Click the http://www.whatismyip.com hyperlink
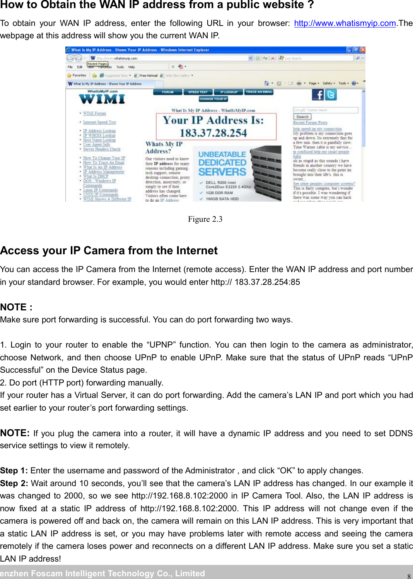[345, 23]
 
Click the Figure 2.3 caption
[205, 219]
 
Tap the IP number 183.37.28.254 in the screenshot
[213, 133]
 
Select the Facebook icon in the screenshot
[318, 94]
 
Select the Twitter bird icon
[331, 94]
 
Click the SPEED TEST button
[198, 92]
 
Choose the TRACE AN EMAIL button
[259, 92]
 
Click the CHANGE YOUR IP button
[213, 99]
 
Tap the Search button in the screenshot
[302, 116]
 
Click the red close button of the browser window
[362, 50]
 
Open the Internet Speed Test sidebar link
[99, 122]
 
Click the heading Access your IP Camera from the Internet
[109, 251]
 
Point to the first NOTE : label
[16, 307]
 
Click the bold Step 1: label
[14, 471]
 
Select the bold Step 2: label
[14, 483]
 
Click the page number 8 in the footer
[409, 576]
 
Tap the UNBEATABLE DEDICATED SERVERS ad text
[222, 163]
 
